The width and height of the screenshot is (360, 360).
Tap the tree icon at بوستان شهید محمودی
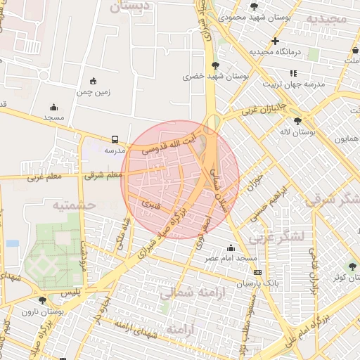[254, 6]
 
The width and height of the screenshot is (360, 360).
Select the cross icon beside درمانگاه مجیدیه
[275, 41]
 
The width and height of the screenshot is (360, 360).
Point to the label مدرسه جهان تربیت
[293, 83]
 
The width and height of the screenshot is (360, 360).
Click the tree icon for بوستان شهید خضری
[215, 65]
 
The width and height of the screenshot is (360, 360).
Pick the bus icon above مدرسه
[115, 139]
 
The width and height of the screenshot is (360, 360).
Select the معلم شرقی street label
[103, 175]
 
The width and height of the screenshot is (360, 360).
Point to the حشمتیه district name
[73, 205]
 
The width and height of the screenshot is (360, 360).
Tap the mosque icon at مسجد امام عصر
[231, 247]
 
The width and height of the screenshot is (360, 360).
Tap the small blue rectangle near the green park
[13, 243]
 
